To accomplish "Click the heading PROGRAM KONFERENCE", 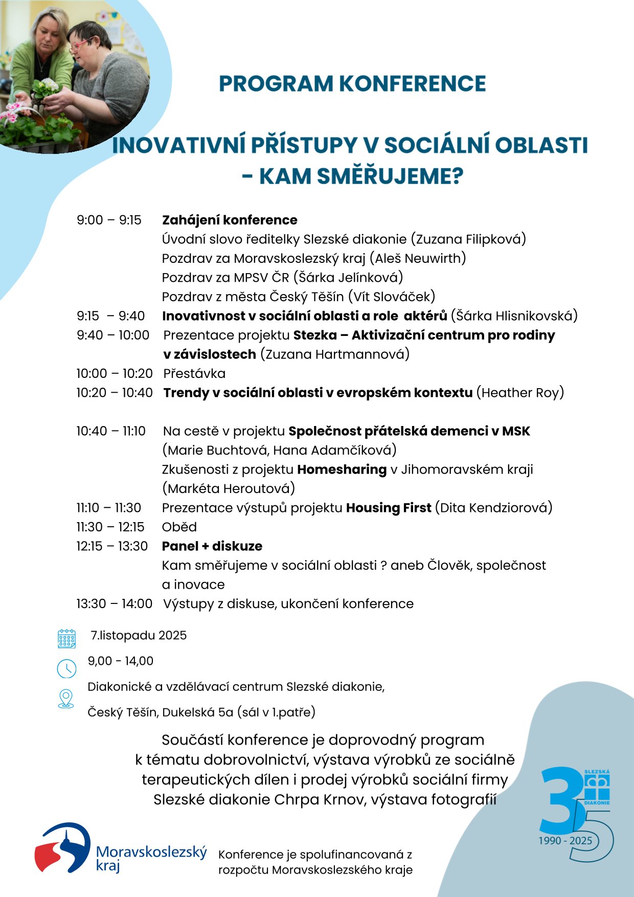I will click(352, 84).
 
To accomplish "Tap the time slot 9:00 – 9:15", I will click(109, 220).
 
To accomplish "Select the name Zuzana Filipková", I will click(470, 239).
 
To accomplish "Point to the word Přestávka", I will click(194, 374).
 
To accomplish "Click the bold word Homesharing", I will click(342, 469).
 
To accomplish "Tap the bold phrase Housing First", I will click(389, 508).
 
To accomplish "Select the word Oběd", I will click(179, 527).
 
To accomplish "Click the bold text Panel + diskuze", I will click(212, 546).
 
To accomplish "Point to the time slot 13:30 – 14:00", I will click(114, 604).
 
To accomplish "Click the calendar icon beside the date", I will click(66, 639).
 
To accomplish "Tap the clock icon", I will click(66, 668).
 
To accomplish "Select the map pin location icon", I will click(66, 699).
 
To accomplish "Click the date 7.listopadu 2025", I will click(139, 636).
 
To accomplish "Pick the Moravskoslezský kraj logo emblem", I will click(62, 847).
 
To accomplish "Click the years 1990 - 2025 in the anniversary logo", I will click(565, 841).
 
